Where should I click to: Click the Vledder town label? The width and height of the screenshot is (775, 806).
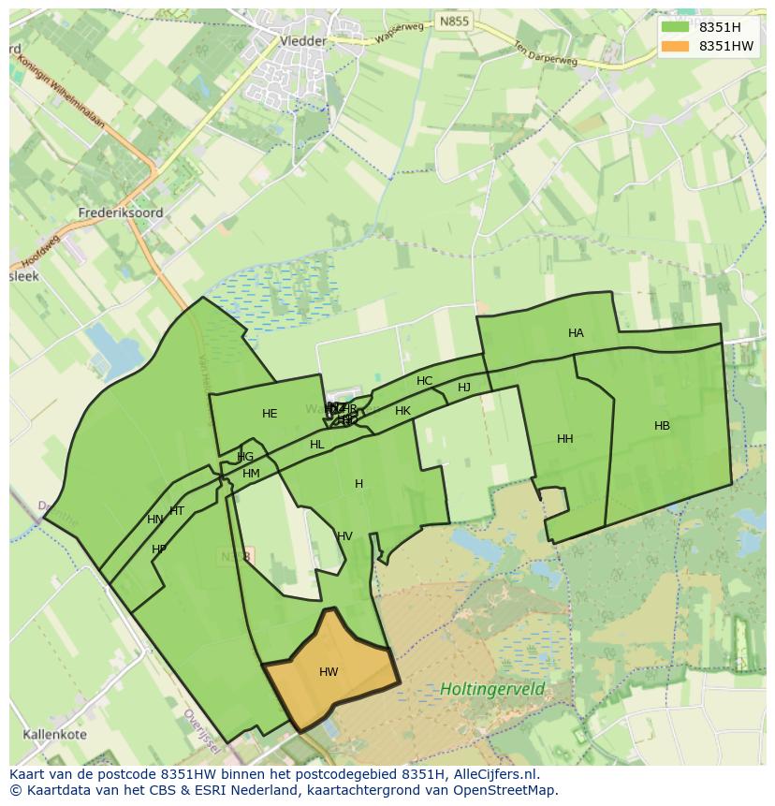[303, 41]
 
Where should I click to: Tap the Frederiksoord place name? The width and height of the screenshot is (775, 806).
[121, 212]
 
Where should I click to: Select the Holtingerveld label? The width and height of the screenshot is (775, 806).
[492, 690]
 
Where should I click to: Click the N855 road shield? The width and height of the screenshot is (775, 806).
[454, 21]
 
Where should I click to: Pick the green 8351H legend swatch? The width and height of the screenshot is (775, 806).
[674, 27]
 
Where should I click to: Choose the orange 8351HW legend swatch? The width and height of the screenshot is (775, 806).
[674, 46]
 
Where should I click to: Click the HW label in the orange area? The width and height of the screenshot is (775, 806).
[329, 672]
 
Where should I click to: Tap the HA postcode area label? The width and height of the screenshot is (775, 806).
[576, 333]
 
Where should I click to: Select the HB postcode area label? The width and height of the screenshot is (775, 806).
[662, 426]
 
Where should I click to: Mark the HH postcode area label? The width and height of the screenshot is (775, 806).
[564, 439]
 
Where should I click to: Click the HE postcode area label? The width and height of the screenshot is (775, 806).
[270, 414]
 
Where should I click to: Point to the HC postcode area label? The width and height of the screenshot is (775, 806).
[424, 381]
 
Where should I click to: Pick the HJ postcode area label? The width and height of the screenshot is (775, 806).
[464, 388]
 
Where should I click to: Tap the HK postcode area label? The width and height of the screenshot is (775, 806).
[402, 411]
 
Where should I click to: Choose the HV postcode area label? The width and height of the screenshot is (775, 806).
[344, 536]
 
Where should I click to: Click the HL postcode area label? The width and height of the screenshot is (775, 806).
[316, 445]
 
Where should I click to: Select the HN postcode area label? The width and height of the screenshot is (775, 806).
[154, 520]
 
